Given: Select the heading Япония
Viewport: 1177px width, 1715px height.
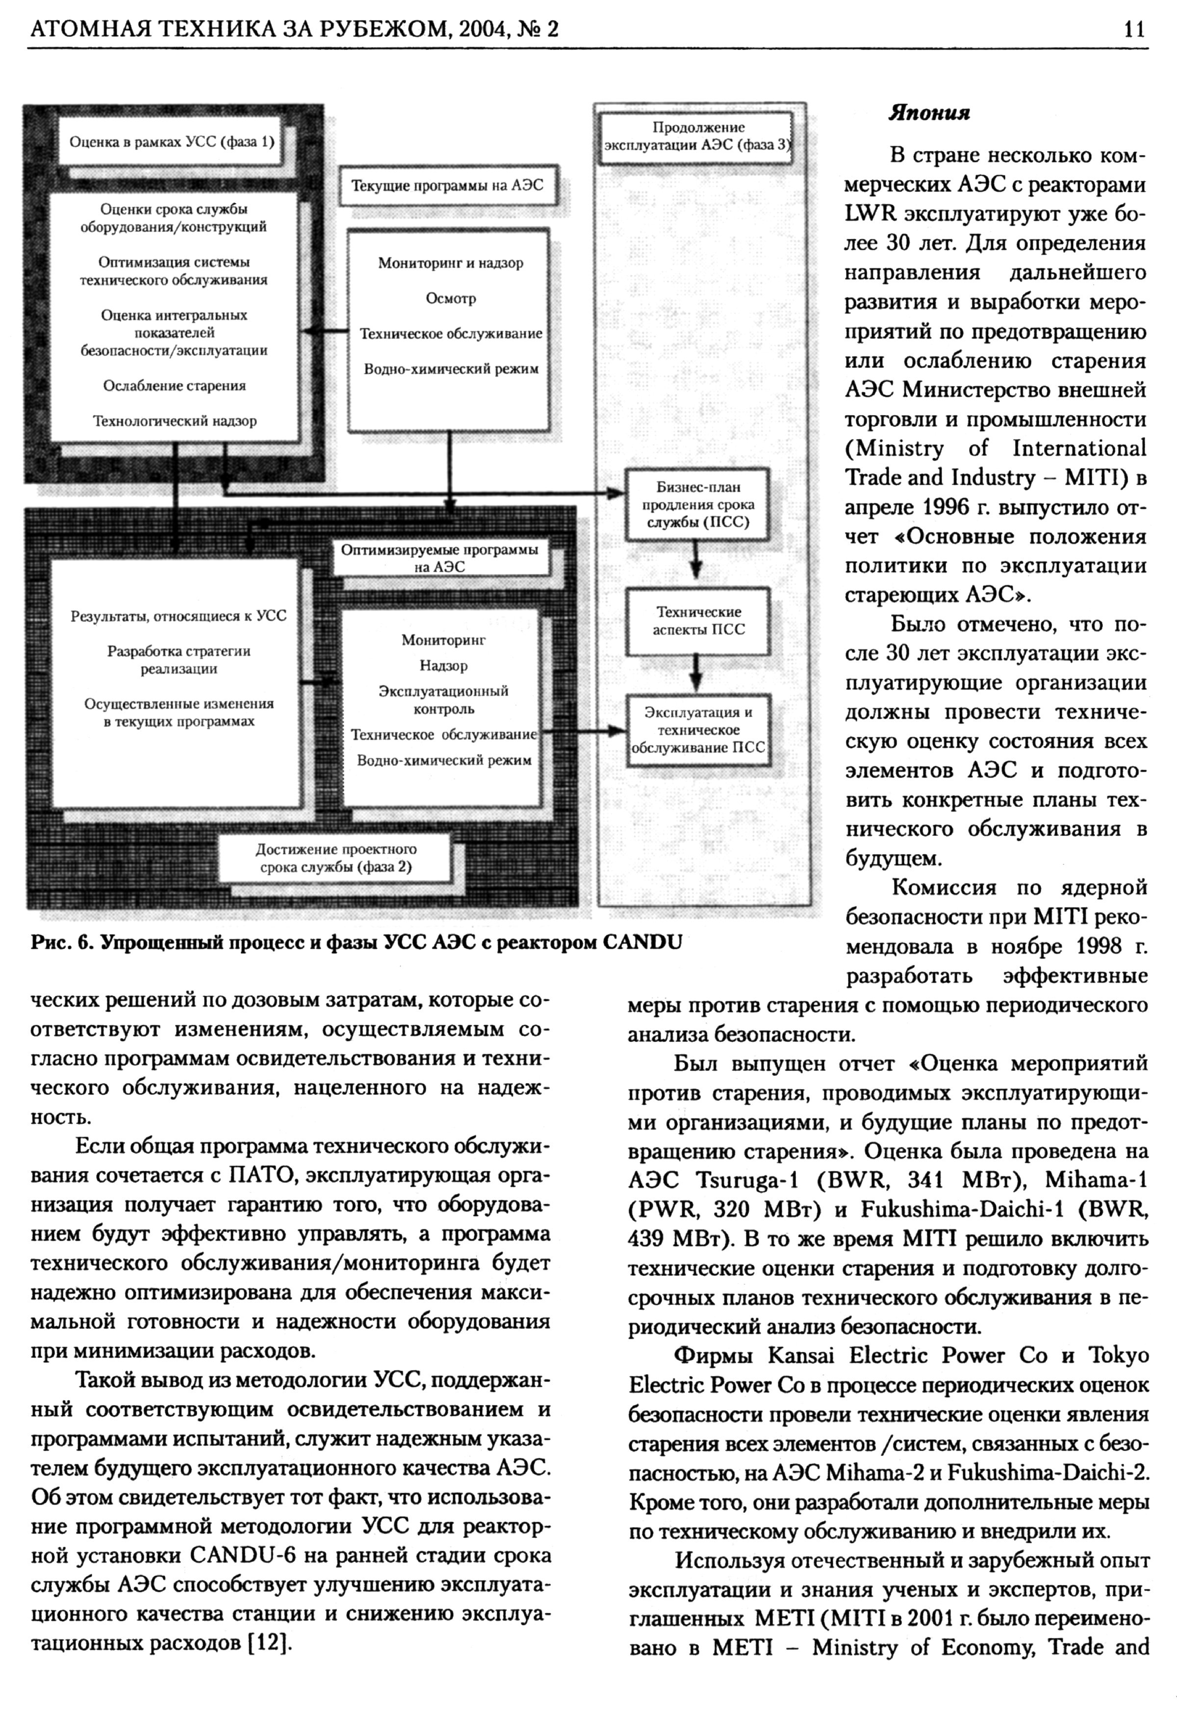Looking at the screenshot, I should (928, 113).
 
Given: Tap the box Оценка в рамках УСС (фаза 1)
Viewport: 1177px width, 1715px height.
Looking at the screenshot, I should (171, 142).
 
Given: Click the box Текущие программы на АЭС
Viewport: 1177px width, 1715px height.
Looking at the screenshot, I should (447, 185).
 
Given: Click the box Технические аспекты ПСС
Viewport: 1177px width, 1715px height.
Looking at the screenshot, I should (698, 621).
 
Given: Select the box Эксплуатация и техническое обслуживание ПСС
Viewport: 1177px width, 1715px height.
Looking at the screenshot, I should (698, 730).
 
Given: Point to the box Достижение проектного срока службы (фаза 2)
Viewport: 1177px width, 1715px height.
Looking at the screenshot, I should (336, 857).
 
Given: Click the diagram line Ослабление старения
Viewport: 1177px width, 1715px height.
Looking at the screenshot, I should (174, 385).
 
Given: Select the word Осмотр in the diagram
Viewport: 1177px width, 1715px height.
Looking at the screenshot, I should (451, 298).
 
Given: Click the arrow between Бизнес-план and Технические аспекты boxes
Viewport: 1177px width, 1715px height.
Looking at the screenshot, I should (695, 564).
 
